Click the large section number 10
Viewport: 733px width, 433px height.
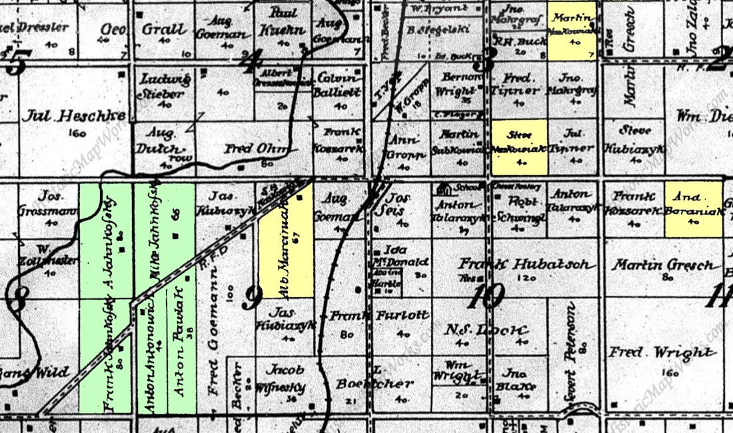point(484,296)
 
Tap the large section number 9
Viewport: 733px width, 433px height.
point(251,297)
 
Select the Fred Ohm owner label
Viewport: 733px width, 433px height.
point(250,149)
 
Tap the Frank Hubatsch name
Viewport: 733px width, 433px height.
point(526,264)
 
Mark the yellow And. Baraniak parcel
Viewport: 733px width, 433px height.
point(693,209)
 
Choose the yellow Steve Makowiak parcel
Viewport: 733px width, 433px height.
point(519,147)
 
